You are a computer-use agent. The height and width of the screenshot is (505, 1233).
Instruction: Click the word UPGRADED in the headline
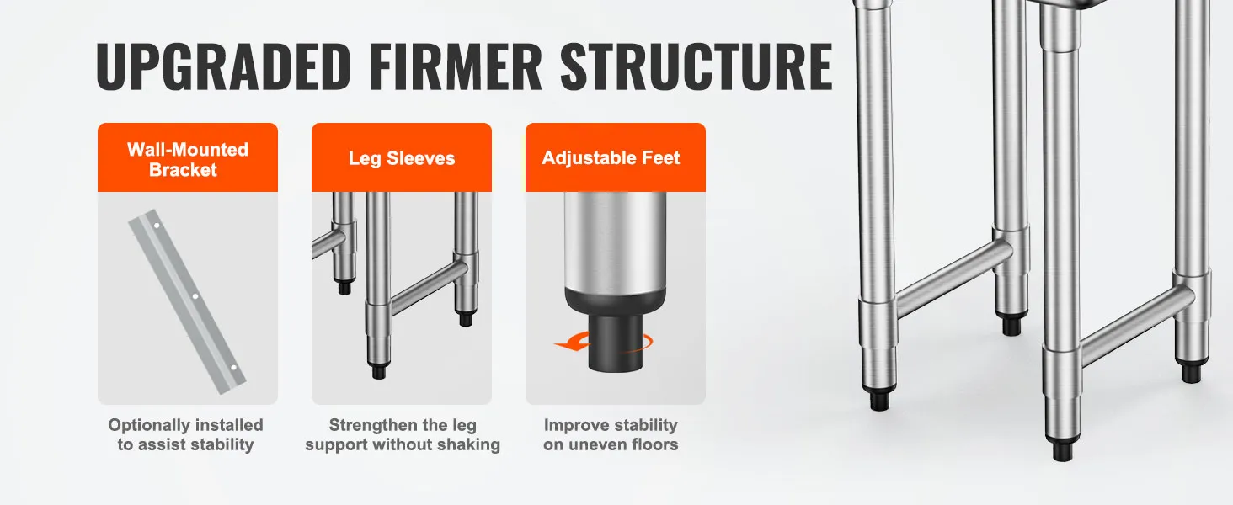click(223, 66)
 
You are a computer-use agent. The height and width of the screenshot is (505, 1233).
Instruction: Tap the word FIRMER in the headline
click(456, 66)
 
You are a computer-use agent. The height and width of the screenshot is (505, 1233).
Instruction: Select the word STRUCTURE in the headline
click(697, 66)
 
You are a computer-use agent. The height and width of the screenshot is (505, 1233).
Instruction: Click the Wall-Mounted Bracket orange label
click(188, 158)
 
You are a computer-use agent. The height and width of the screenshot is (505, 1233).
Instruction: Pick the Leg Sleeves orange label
click(402, 158)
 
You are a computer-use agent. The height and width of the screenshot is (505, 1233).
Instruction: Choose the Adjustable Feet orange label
click(616, 158)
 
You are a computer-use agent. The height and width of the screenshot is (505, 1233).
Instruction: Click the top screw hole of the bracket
click(157, 226)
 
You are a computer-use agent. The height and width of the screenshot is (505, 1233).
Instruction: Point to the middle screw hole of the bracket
click(195, 296)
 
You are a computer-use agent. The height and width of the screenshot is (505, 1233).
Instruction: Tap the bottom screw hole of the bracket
click(233, 368)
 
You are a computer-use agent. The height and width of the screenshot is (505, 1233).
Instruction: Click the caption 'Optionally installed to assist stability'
click(185, 434)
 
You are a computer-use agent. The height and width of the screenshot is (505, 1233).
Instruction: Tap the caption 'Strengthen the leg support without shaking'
click(403, 434)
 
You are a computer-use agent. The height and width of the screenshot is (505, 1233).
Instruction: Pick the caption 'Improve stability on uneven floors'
click(611, 434)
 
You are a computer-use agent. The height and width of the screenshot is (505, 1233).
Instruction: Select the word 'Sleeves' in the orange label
click(420, 158)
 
